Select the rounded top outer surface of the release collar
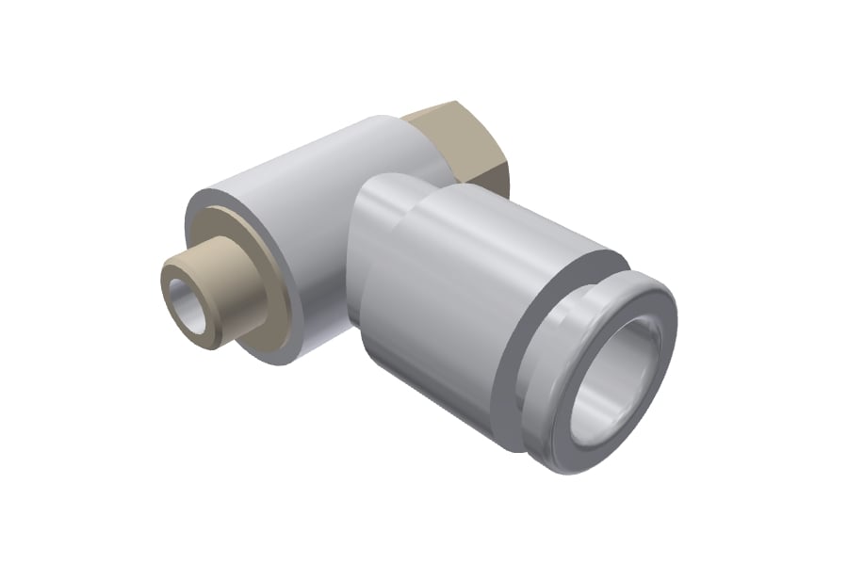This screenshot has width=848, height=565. (x=650, y=282)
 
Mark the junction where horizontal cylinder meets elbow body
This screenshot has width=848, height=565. (x=353, y=273)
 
